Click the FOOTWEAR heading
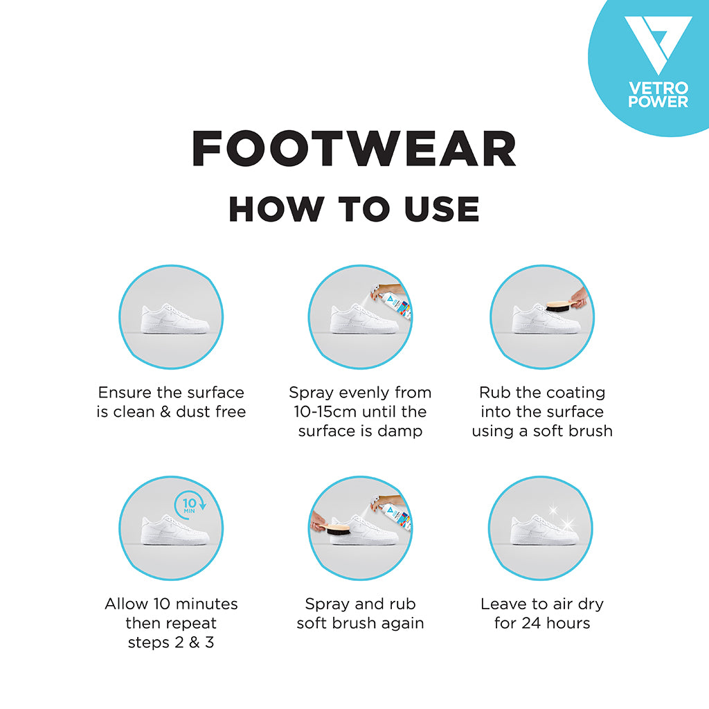pos(354,149)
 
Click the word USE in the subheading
pos(442,209)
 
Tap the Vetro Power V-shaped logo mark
pos(658,45)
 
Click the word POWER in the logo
pos(658,102)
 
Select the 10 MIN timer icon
pos(190,505)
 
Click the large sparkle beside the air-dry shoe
pos(567,525)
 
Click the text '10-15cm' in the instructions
pos(321,411)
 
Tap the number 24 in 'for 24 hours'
pos(531,623)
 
